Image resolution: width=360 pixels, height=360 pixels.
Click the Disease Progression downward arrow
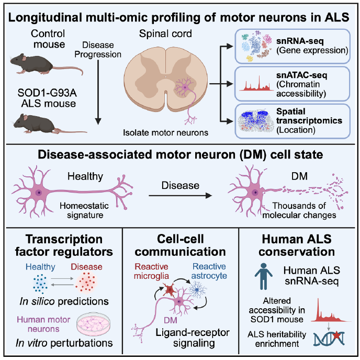pyautogui.click(x=98, y=92)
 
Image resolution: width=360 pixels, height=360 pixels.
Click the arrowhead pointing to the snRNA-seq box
pyautogui.click(x=230, y=46)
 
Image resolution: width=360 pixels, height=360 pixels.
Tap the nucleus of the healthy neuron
pyautogui.click(x=39, y=193)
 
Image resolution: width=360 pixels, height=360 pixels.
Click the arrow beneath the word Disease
pyautogui.click(x=180, y=196)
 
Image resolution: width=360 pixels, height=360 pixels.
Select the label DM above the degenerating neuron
pyautogui.click(x=299, y=176)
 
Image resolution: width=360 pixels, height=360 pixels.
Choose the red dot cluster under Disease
pyautogui.click(x=86, y=283)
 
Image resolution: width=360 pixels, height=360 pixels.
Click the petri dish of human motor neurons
pyautogui.click(x=94, y=324)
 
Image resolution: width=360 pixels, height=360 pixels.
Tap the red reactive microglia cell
pyautogui.click(x=170, y=290)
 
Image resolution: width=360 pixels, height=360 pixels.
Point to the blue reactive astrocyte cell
pyautogui.click(x=197, y=290)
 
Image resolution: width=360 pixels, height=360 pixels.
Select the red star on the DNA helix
pyautogui.click(x=336, y=335)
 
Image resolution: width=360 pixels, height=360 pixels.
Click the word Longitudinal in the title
pyautogui.click(x=45, y=17)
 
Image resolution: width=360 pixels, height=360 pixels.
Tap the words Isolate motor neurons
pyautogui.click(x=165, y=133)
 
